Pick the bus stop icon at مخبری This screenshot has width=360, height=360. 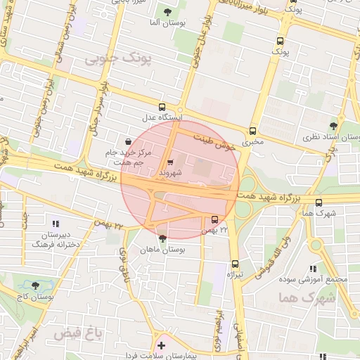[x=252, y=131]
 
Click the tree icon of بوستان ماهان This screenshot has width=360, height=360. [x=162, y=239]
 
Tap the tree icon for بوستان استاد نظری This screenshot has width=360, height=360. [x=333, y=127]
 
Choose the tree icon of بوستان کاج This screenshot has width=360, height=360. [x=35, y=285]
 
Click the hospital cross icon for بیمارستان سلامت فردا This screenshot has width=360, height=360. [x=162, y=345]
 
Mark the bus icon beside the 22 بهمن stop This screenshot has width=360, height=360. [x=214, y=219]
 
